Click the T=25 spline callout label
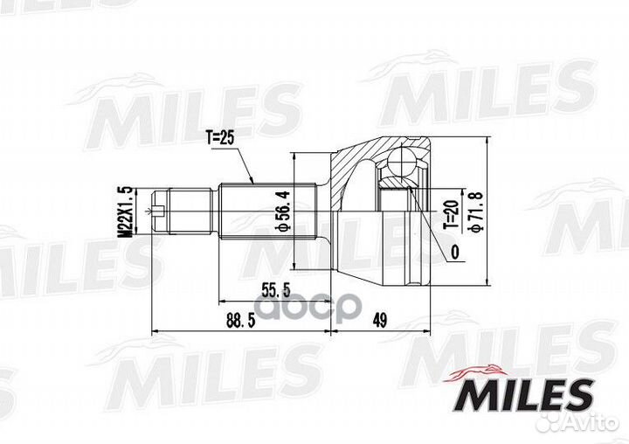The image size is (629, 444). (x=219, y=138)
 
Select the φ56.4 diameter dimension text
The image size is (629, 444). (x=283, y=212)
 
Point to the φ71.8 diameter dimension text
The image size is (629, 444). (x=476, y=212)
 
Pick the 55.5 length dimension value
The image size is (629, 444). (x=275, y=290)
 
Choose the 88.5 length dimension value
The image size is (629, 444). (x=241, y=321)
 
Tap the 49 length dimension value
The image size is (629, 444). (x=379, y=321)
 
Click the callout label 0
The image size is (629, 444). (x=455, y=253)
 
